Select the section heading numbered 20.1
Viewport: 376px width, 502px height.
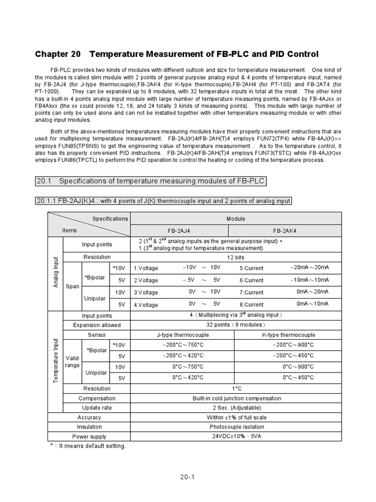pyautogui.click(x=150, y=181)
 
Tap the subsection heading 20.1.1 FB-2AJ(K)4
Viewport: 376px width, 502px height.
pyautogui.click(x=163, y=201)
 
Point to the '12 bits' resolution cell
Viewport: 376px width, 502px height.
pyautogui.click(x=236, y=257)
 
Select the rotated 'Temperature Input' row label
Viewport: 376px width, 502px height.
pyautogui.click(x=55, y=360)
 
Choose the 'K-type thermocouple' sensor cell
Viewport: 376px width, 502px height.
pyautogui.click(x=288, y=335)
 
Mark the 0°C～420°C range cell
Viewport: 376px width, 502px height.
pyautogui.click(x=188, y=377)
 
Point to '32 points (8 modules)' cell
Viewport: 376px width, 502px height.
pyautogui.click(x=236, y=325)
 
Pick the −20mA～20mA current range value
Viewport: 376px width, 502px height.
pyautogui.click(x=309, y=268)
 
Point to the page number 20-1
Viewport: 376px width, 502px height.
pyautogui.click(x=188, y=477)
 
